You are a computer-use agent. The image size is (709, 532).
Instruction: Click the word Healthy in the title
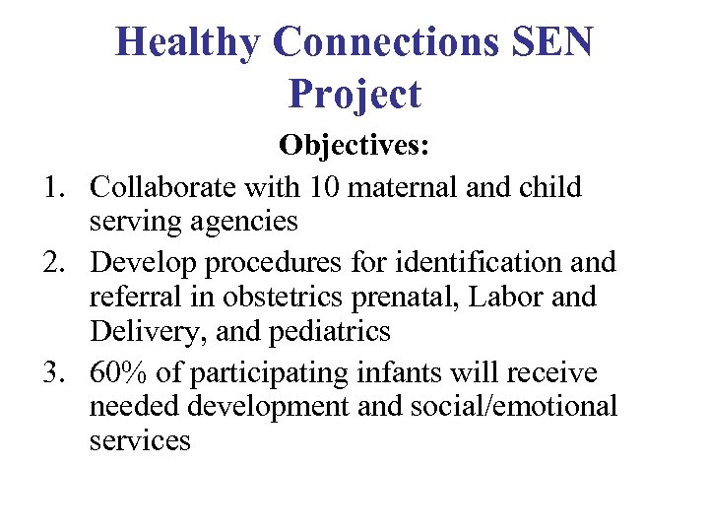click(x=187, y=42)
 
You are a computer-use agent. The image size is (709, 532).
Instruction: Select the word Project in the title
click(x=354, y=95)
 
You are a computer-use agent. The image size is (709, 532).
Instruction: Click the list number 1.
click(x=51, y=186)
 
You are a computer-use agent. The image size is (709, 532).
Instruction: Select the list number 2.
click(x=51, y=262)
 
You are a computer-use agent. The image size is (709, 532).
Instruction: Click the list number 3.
click(x=51, y=373)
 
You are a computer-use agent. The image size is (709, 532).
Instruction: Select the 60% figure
click(x=116, y=373)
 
